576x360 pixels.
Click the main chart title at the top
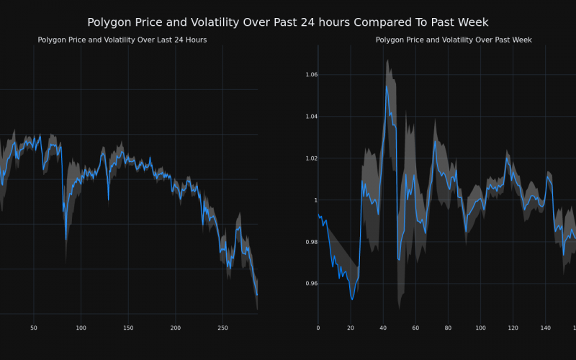point(288,23)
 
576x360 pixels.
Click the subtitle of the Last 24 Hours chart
point(122,40)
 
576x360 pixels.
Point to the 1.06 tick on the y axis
point(307,75)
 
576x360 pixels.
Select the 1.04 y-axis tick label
point(307,117)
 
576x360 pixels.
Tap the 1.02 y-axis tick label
point(307,158)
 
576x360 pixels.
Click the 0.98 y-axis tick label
point(307,242)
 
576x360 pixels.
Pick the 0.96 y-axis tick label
point(307,284)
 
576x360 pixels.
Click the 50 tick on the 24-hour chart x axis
point(34,328)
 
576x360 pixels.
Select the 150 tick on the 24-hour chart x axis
point(128,328)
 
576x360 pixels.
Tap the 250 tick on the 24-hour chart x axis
point(222,328)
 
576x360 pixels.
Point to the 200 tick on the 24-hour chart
point(176,328)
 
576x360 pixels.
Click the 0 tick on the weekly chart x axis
point(318,328)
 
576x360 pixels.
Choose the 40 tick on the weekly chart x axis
point(383,328)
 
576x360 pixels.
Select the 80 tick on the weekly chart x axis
point(448,328)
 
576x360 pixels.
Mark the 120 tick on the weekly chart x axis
point(513,328)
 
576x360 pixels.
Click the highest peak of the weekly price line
point(387,86)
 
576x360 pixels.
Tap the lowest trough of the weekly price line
point(352,300)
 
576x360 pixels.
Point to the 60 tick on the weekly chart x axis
point(415,328)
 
